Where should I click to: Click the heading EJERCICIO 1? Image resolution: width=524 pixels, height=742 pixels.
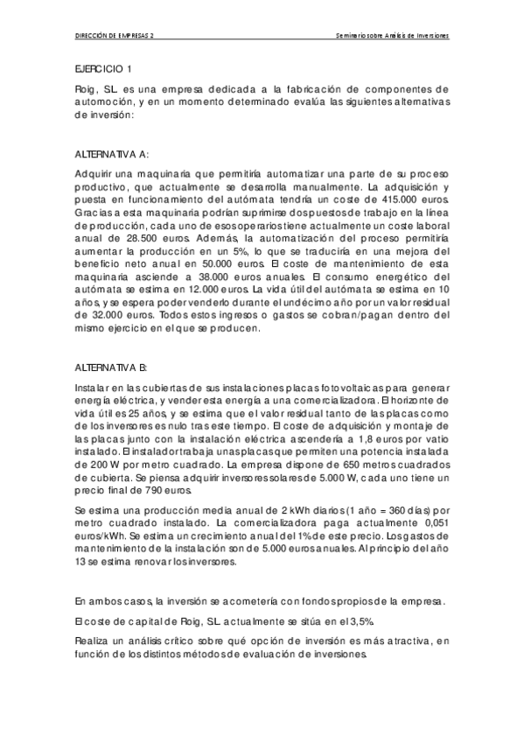click(x=103, y=67)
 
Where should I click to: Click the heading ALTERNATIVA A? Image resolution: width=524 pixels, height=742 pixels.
click(x=112, y=152)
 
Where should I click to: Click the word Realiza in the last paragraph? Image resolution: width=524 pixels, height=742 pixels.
click(x=94, y=643)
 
